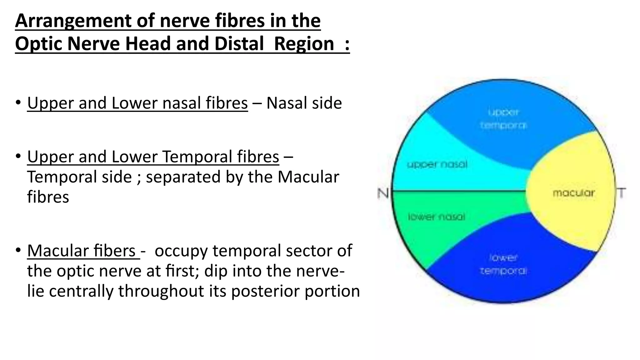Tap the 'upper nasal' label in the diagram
coord(437,164)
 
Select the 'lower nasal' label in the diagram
coord(437,217)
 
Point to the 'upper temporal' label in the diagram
coord(503,119)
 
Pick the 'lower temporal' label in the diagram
coord(503,264)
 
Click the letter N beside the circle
coord(383,193)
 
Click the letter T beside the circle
coord(621,193)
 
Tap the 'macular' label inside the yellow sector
coord(573,193)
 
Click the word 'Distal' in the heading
coord(239,43)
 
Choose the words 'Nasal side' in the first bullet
coord(304,103)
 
